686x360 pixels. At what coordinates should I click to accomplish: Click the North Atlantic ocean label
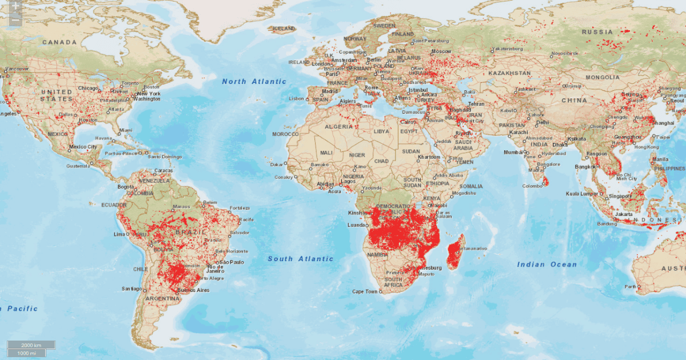[254, 82]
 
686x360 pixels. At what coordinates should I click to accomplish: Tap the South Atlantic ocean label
[300, 259]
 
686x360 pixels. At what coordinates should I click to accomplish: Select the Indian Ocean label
[547, 265]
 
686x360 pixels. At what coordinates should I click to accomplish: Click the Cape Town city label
[365, 292]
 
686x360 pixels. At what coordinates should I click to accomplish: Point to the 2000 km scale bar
[31, 345]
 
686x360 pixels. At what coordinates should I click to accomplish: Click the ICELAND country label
[284, 28]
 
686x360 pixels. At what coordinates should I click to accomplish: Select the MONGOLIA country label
[602, 77]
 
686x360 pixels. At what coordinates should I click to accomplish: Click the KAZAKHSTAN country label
[509, 74]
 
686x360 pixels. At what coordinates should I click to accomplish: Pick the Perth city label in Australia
[631, 286]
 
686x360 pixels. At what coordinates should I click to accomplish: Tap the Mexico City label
[81, 147]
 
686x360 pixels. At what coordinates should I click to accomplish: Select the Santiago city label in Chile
[131, 289]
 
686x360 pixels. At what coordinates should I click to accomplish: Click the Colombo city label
[531, 186]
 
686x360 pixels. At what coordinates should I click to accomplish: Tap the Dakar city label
[277, 165]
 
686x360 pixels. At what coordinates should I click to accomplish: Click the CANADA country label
[59, 42]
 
